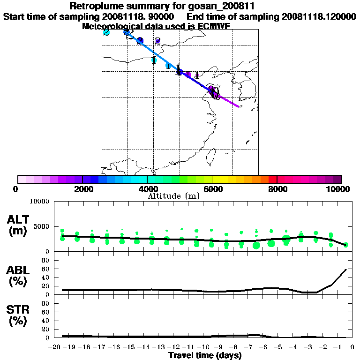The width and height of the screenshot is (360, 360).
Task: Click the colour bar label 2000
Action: [82, 189]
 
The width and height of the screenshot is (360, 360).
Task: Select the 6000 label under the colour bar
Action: [212, 189]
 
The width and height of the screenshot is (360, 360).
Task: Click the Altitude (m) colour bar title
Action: [173, 196]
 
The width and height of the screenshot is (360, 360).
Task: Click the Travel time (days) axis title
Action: [205, 355]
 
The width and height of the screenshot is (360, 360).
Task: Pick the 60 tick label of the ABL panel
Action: [46, 269]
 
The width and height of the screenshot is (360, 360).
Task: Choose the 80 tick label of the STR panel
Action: [46, 303]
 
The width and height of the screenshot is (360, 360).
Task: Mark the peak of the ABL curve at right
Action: [346, 270]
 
